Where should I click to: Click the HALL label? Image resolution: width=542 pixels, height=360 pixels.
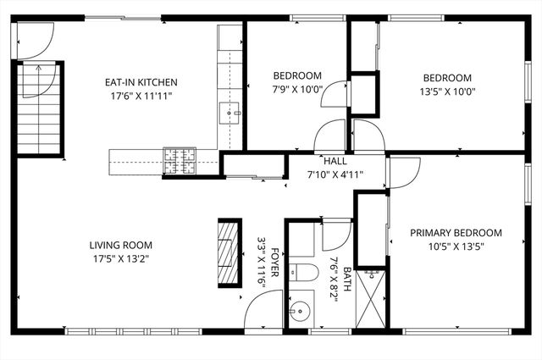click(335, 161)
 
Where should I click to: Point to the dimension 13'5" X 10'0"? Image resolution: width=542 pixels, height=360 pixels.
click(445, 91)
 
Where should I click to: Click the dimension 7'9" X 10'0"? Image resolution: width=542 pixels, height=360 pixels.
click(297, 89)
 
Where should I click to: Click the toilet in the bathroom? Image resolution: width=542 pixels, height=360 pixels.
click(302, 272)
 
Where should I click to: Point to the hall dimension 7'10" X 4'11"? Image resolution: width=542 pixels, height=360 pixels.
click(335, 174)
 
